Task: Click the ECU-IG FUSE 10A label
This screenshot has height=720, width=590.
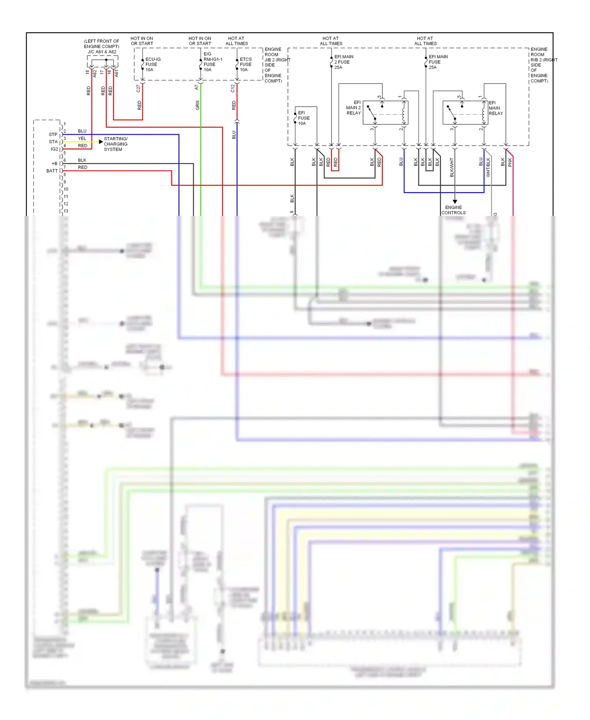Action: (153, 65)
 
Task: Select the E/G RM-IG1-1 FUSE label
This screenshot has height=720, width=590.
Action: (212, 62)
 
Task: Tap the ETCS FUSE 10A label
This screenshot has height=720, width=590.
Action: (245, 65)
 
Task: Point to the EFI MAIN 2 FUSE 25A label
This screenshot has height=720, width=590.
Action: (343, 62)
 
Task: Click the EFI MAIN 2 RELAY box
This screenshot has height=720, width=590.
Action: (385, 113)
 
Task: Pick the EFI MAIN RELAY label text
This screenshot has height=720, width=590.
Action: (496, 108)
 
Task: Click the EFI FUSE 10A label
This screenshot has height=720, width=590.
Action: (303, 118)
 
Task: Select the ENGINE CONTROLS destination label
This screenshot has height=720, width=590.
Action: (453, 210)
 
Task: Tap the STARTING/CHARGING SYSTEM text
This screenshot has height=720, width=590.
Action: (116, 144)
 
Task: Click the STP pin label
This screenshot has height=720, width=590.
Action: (53, 134)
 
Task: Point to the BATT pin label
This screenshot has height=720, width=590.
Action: (52, 171)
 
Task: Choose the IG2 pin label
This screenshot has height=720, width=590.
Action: (54, 149)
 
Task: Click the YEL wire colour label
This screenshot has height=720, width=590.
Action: (82, 138)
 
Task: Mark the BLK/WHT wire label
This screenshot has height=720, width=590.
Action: (452, 167)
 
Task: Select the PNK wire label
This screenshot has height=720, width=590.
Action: (510, 162)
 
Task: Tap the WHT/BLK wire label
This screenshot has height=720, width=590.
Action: (488, 167)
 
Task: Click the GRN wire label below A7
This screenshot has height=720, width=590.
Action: (197, 105)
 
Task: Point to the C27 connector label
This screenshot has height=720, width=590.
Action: (138, 89)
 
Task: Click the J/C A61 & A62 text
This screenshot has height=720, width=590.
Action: (102, 52)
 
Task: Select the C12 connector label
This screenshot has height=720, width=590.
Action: (232, 89)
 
